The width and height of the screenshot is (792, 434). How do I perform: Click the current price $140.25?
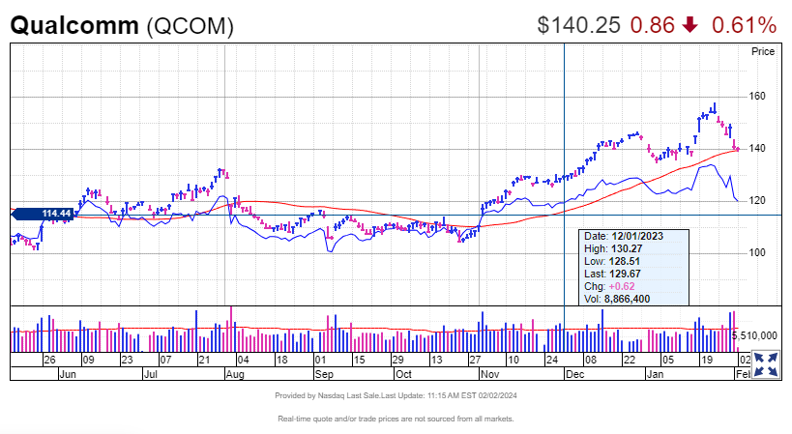point(578,25)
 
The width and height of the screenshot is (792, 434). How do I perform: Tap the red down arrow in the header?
point(689,25)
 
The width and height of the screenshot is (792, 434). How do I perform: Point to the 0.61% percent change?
point(744,25)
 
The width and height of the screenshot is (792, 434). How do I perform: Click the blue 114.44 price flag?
point(57,214)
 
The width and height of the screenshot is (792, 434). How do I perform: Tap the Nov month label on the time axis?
point(488,372)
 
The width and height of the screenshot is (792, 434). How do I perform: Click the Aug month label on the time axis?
point(235,372)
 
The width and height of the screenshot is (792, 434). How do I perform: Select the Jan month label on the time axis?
point(656,372)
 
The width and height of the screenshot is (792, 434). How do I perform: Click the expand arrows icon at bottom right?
point(766,364)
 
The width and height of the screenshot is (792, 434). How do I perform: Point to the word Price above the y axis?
point(763,52)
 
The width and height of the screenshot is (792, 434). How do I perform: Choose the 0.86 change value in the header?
point(652,25)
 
